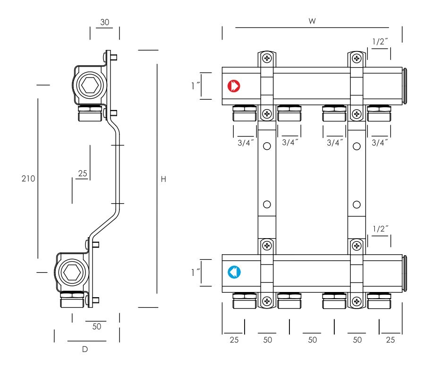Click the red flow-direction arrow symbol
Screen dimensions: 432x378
point(234,86)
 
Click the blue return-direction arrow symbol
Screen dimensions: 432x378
point(234,272)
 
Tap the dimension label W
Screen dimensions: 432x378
point(312,21)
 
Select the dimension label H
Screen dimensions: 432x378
point(163,179)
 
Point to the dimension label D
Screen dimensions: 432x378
point(85,349)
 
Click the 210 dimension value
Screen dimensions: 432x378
point(28,179)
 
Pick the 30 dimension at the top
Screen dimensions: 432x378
point(105,22)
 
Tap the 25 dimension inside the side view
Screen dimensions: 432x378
point(82,173)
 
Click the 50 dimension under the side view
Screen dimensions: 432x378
point(97,326)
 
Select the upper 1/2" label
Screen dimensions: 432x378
point(380,42)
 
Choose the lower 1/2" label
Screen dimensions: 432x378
point(380,229)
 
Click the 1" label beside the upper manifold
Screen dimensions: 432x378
point(195,86)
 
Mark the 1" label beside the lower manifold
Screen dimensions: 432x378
point(195,273)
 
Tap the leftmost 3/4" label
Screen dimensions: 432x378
point(246,143)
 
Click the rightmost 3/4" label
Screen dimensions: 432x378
point(380,143)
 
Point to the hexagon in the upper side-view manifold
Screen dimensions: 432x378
point(90,85)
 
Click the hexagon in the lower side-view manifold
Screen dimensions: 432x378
point(72,273)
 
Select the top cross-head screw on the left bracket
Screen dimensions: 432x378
point(267,58)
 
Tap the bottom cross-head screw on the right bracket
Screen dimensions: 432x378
point(357,301)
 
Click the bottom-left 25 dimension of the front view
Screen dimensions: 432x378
point(234,340)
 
